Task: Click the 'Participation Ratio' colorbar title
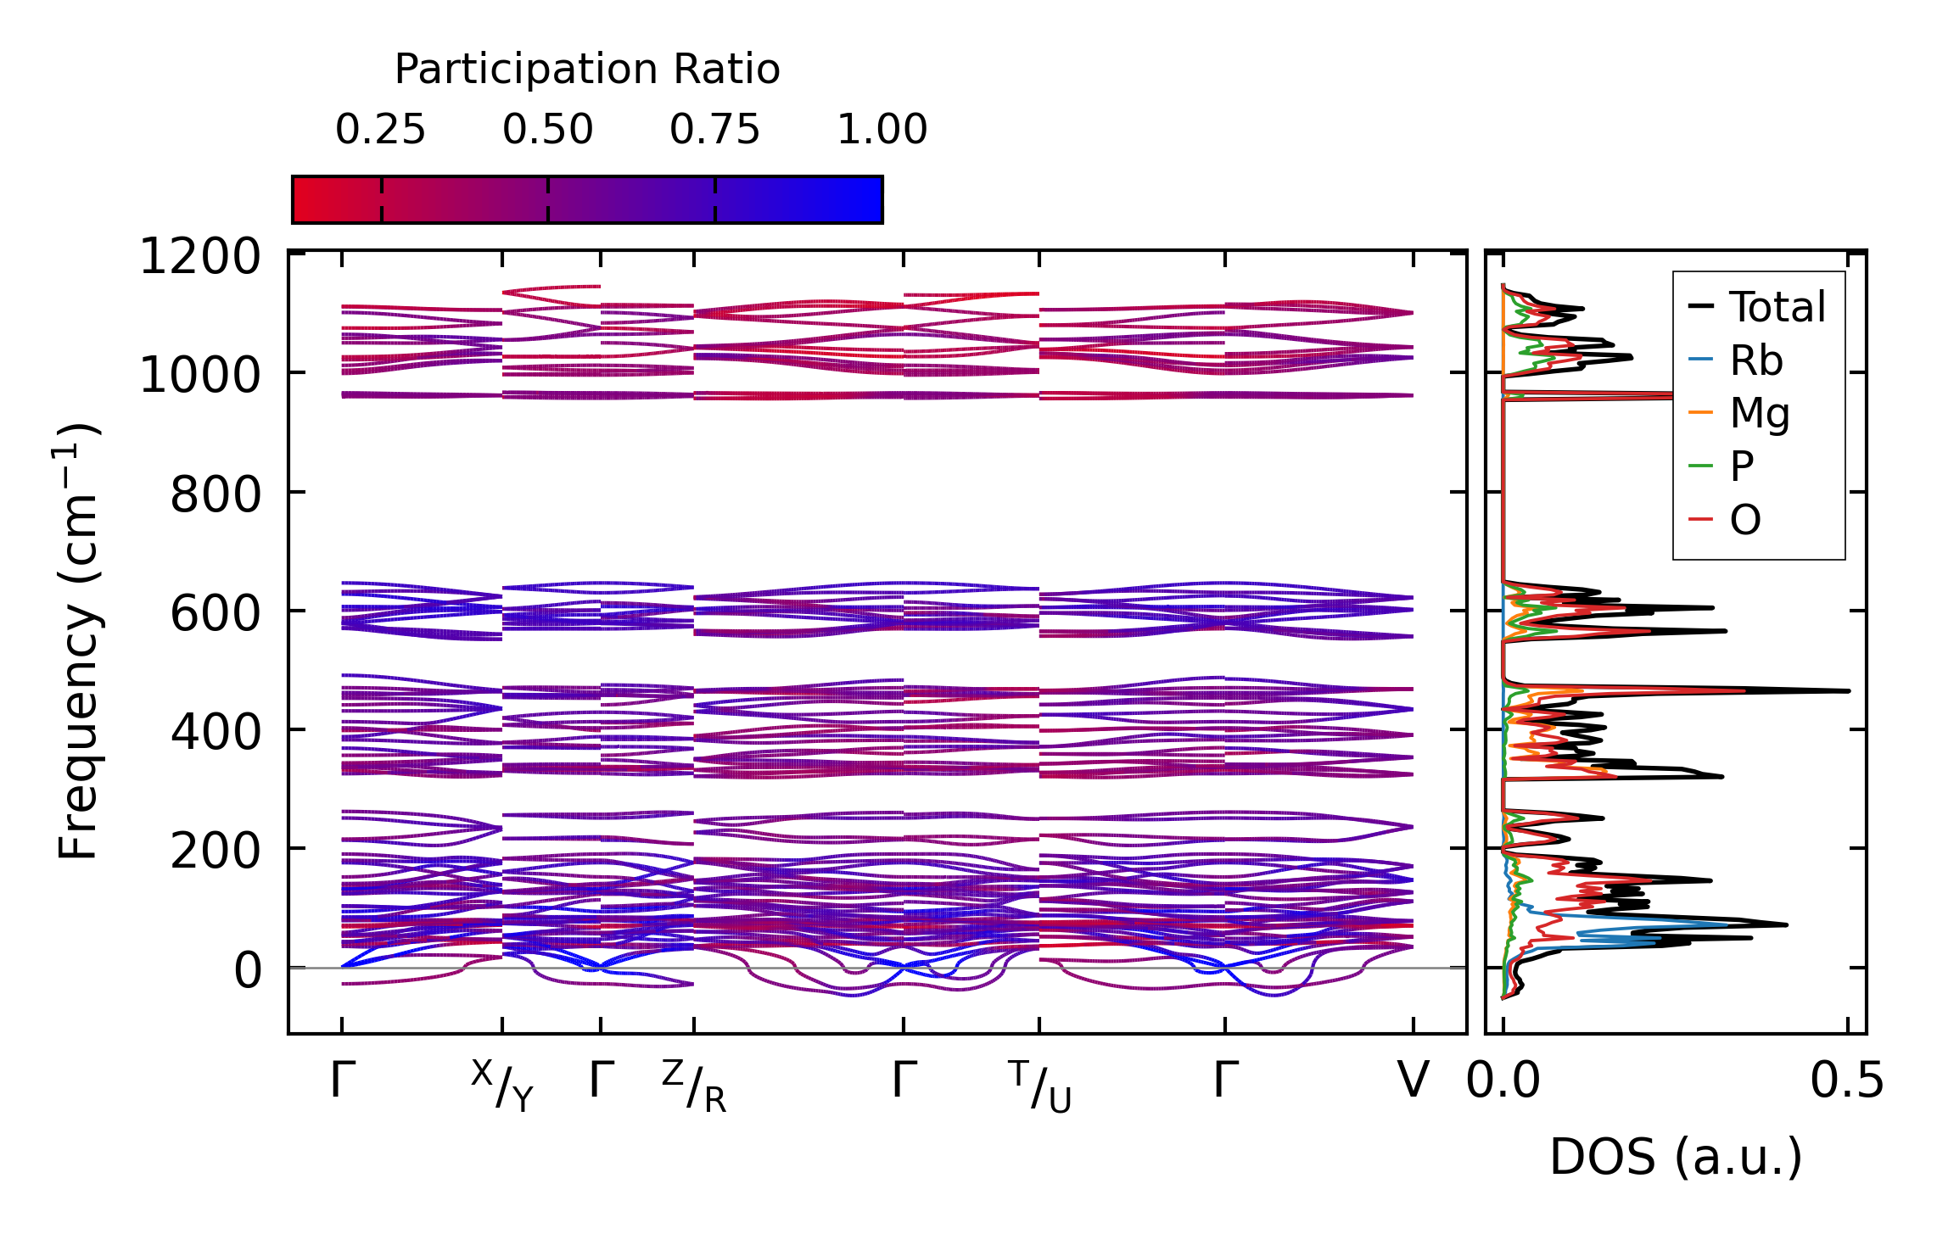587,70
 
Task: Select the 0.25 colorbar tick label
380,130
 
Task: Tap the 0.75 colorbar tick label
714,130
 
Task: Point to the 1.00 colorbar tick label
882,130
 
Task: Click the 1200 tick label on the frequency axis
200,257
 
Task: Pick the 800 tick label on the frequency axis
216,494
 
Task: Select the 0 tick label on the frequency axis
248,970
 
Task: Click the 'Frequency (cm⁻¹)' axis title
79,641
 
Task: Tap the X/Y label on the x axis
502,1086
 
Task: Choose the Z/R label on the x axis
694,1086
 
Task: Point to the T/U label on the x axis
1040,1086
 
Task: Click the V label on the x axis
1413,1080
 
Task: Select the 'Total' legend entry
1777,307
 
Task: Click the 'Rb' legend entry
1755,360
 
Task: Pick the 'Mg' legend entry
1760,413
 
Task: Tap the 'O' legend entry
1745,519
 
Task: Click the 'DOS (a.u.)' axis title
1676,1157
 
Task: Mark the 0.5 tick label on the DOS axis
1847,1081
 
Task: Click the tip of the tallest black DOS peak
1849,691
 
